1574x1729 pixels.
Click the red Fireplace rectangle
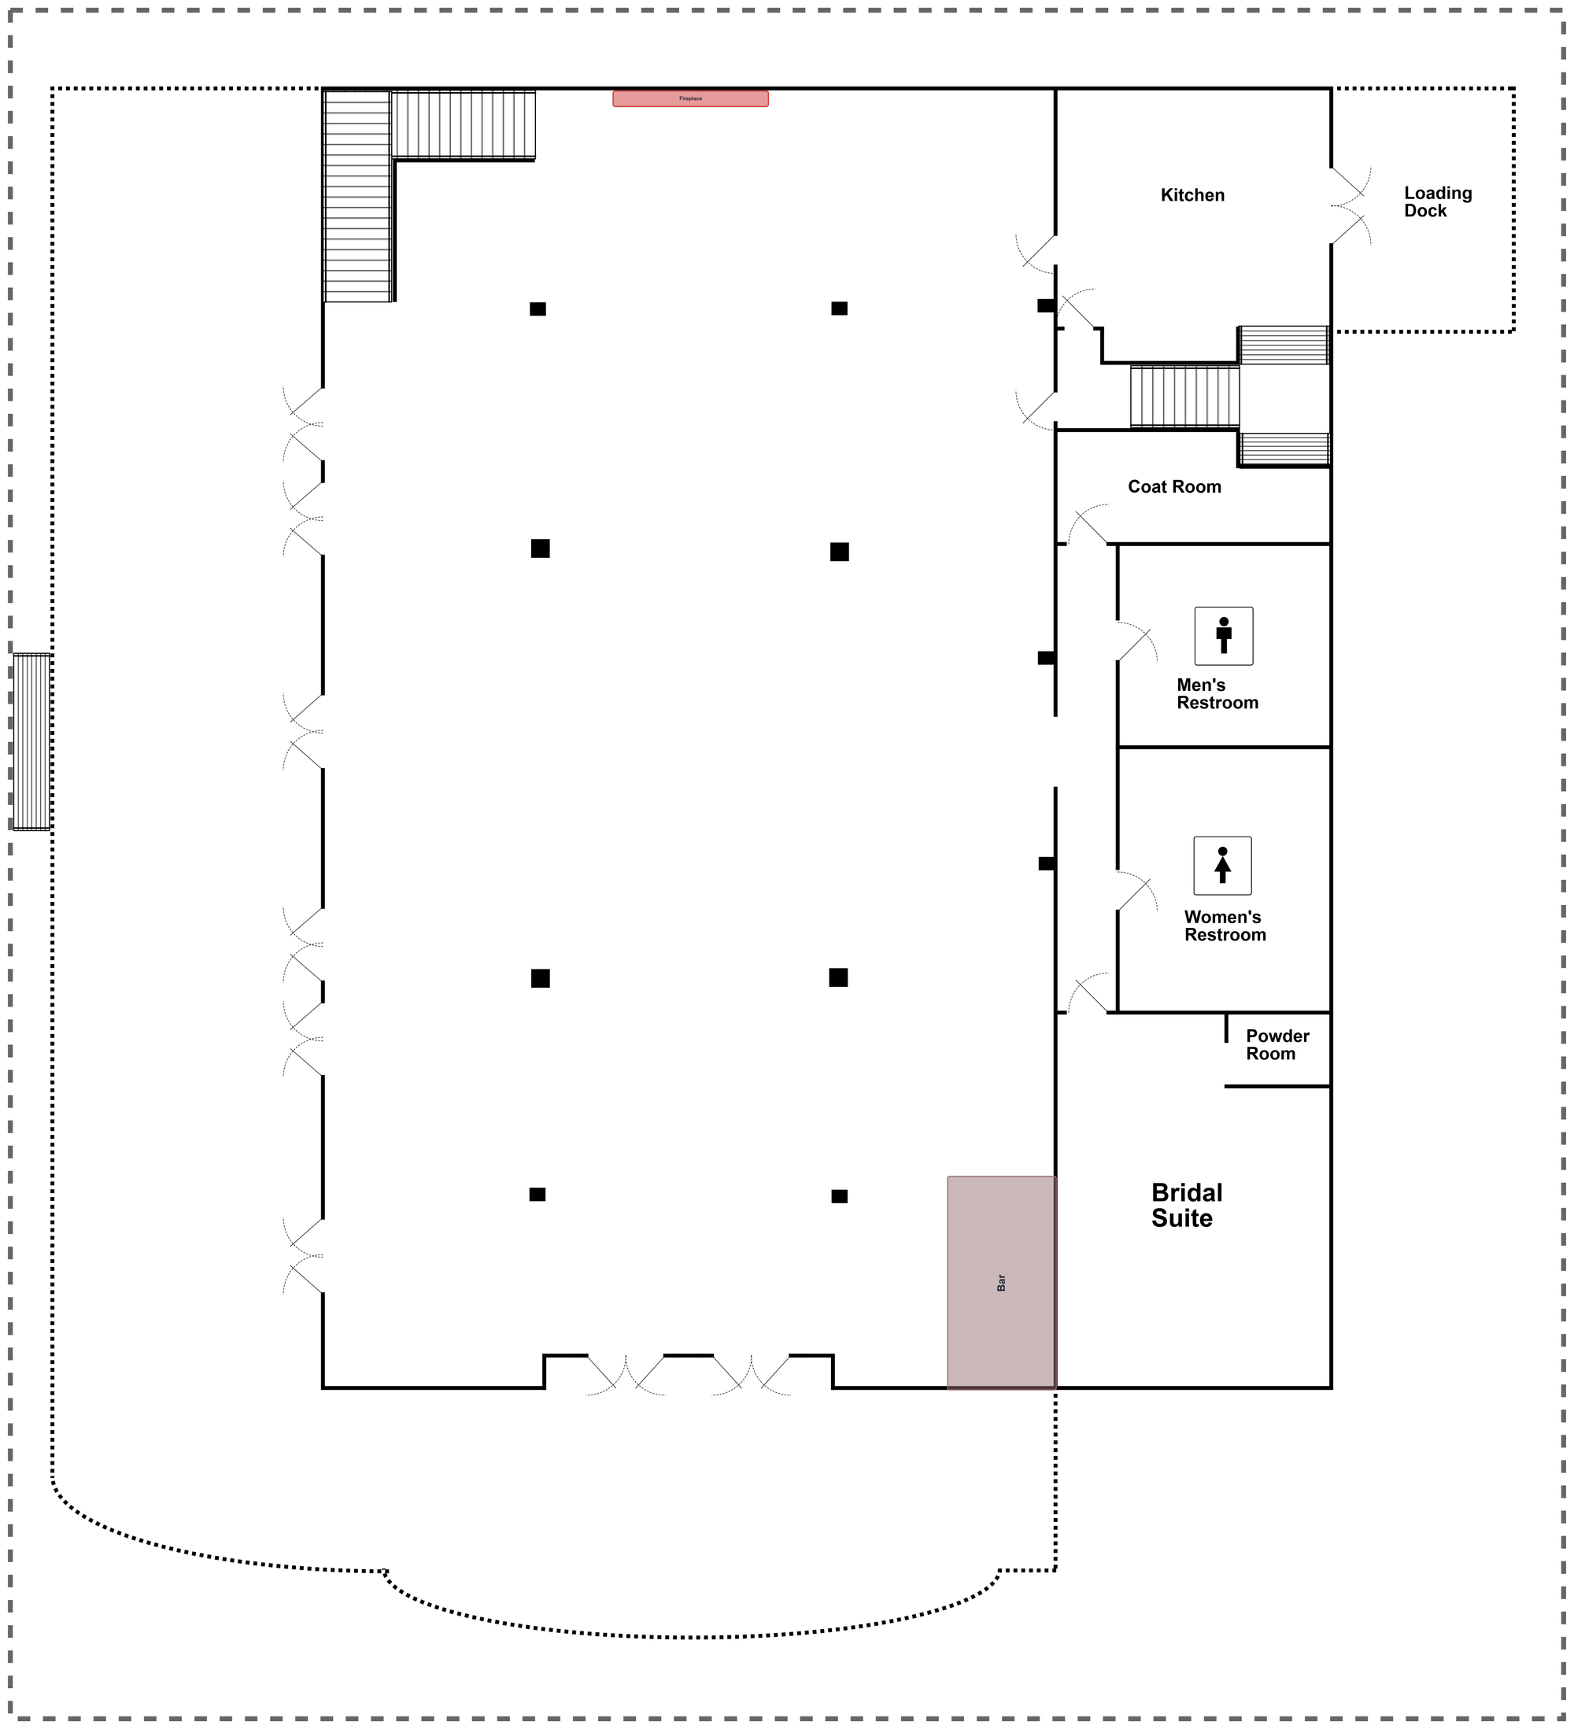tap(689, 98)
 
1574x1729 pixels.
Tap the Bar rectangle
tap(1000, 1282)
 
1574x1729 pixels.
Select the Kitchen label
tap(1192, 195)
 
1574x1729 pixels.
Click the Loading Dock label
tap(1437, 202)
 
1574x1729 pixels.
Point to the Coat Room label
tap(1173, 487)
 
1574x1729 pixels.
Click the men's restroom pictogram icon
tap(1223, 636)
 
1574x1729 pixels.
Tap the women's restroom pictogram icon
tap(1222, 866)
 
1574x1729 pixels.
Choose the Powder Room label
tap(1277, 1044)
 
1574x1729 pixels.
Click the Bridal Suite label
tap(1186, 1205)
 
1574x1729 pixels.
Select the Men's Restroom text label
tap(1217, 694)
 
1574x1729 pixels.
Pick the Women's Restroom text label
tap(1224, 925)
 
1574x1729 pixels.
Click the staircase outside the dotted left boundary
tap(31, 742)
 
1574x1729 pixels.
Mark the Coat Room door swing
tap(1088, 525)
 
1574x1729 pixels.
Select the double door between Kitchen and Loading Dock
tap(1348, 206)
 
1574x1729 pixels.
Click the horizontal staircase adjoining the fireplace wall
tap(464, 124)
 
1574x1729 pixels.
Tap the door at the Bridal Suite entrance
tap(1088, 994)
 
